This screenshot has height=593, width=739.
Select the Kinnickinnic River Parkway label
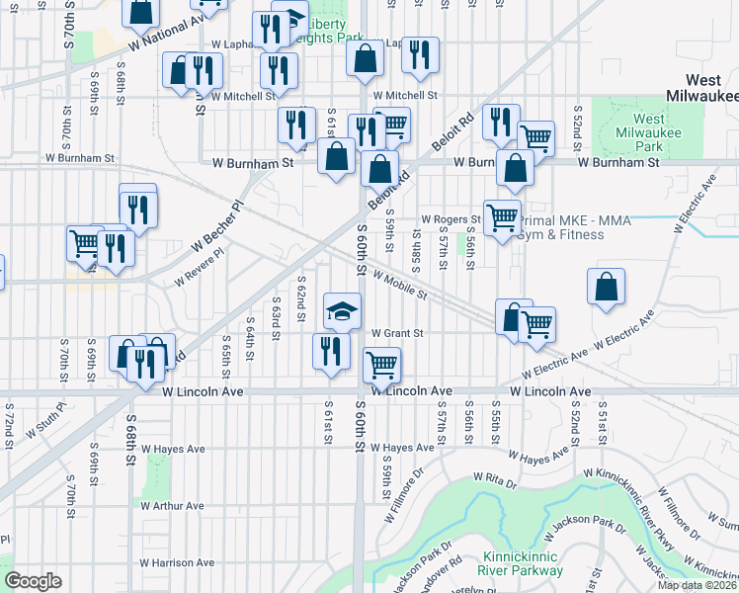[x=524, y=563]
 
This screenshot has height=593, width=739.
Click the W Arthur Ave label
[x=172, y=506]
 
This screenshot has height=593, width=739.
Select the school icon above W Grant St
[x=343, y=310]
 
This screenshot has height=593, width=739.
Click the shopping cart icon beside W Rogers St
[x=502, y=216]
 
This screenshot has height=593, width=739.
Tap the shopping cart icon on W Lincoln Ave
[x=381, y=365]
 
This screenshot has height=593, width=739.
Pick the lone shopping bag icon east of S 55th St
[x=606, y=287]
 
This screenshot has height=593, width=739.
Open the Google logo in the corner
[x=32, y=580]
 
